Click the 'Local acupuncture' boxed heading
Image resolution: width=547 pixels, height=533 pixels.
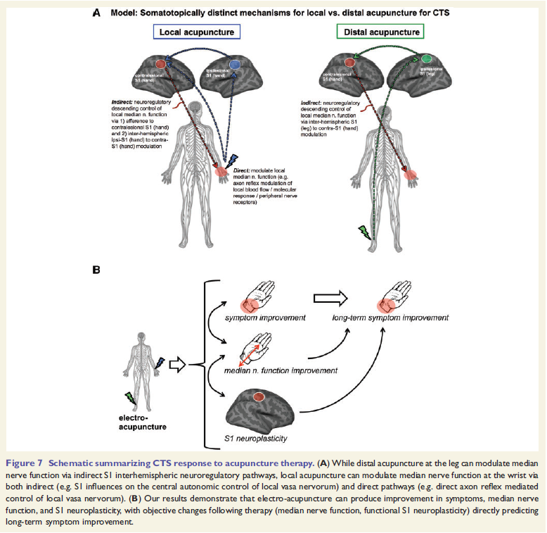(196, 32)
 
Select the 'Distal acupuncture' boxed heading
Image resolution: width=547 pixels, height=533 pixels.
(382, 32)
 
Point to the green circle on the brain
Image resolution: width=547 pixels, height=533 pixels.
(425, 58)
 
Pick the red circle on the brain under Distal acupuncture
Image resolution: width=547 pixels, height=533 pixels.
(349, 63)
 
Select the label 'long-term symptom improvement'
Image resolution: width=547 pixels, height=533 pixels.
(390, 318)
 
